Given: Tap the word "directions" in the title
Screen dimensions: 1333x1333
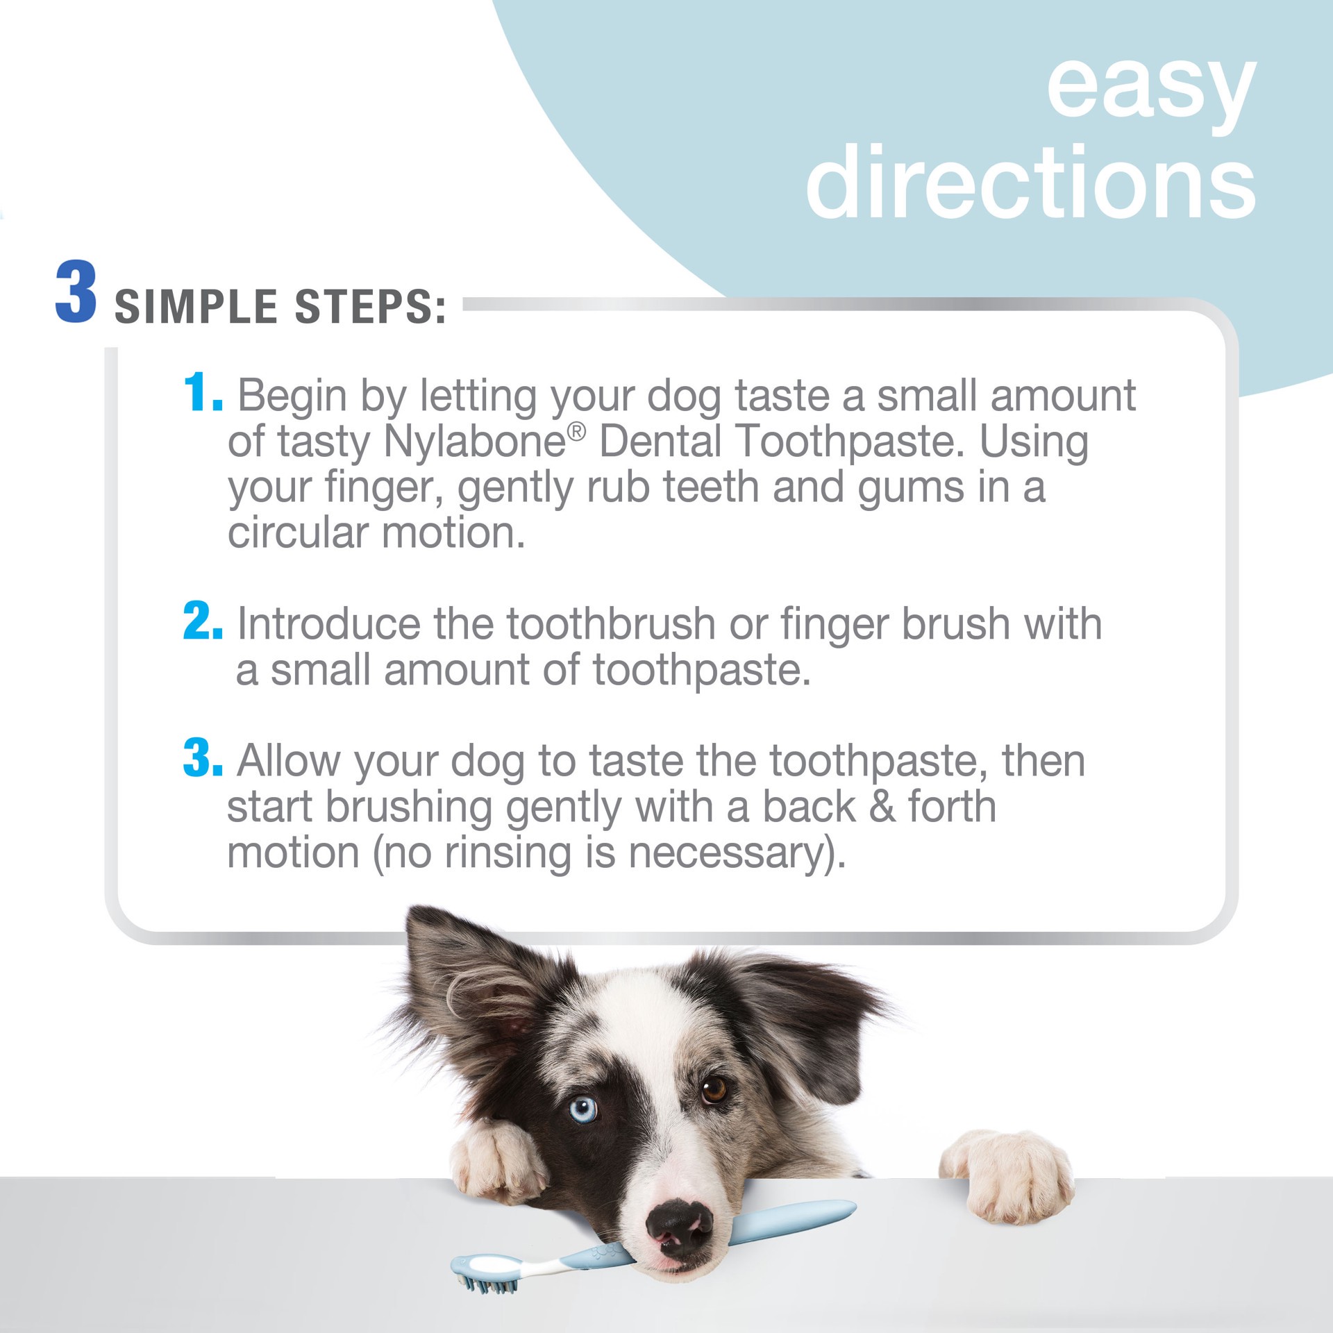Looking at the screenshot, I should click(1030, 182).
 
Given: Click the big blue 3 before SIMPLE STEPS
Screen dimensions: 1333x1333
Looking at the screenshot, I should click(75, 292).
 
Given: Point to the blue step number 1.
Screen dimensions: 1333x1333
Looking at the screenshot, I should click(201, 394).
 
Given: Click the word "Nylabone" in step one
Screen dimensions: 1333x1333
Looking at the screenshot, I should click(474, 442).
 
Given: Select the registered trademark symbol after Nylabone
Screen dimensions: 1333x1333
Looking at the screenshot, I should click(576, 432).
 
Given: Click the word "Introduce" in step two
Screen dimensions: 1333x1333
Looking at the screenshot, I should click(329, 623).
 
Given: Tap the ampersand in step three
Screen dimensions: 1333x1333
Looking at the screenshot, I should click(881, 807).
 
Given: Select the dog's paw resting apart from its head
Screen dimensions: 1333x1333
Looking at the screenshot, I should click(1008, 1174).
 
